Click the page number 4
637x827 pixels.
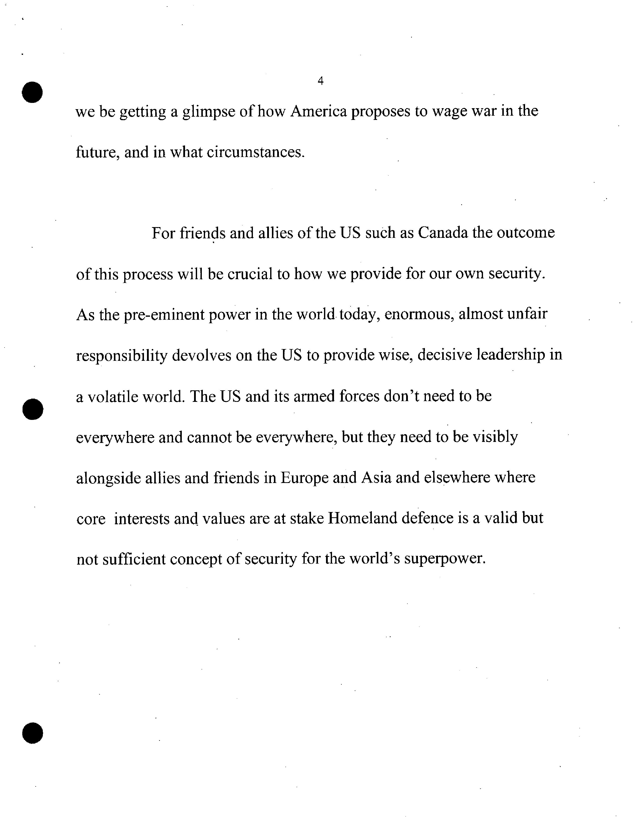click(x=321, y=81)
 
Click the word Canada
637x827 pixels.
click(x=443, y=233)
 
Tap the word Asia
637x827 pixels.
click(x=376, y=477)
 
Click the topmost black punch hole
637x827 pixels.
click(x=32, y=92)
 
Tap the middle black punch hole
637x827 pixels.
click(x=33, y=409)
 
